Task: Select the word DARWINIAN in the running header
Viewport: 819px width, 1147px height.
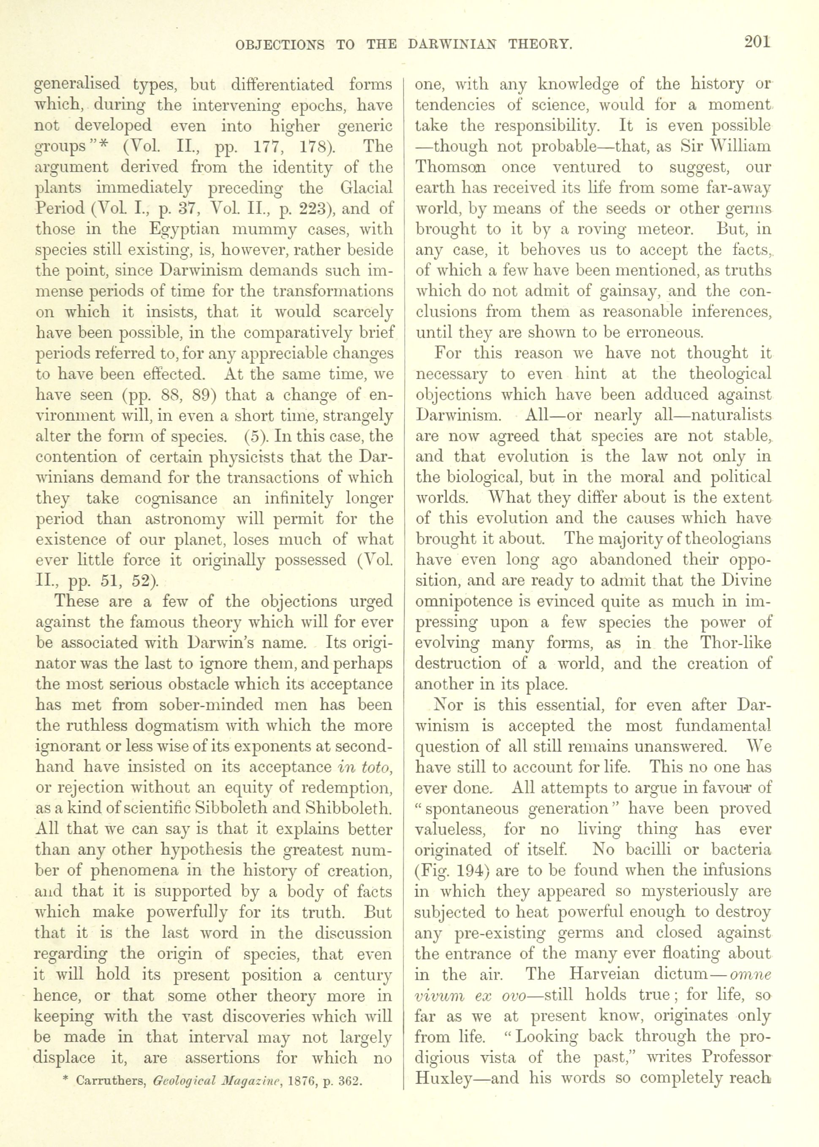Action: pos(452,45)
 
